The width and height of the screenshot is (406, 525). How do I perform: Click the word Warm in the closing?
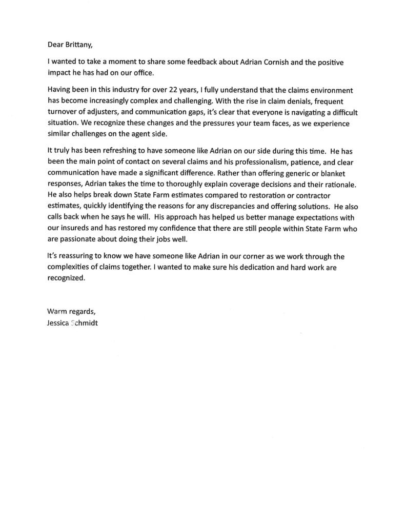coord(57,312)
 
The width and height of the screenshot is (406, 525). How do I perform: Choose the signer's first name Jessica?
coord(59,321)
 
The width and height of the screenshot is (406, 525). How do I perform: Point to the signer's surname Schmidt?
coord(92,321)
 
